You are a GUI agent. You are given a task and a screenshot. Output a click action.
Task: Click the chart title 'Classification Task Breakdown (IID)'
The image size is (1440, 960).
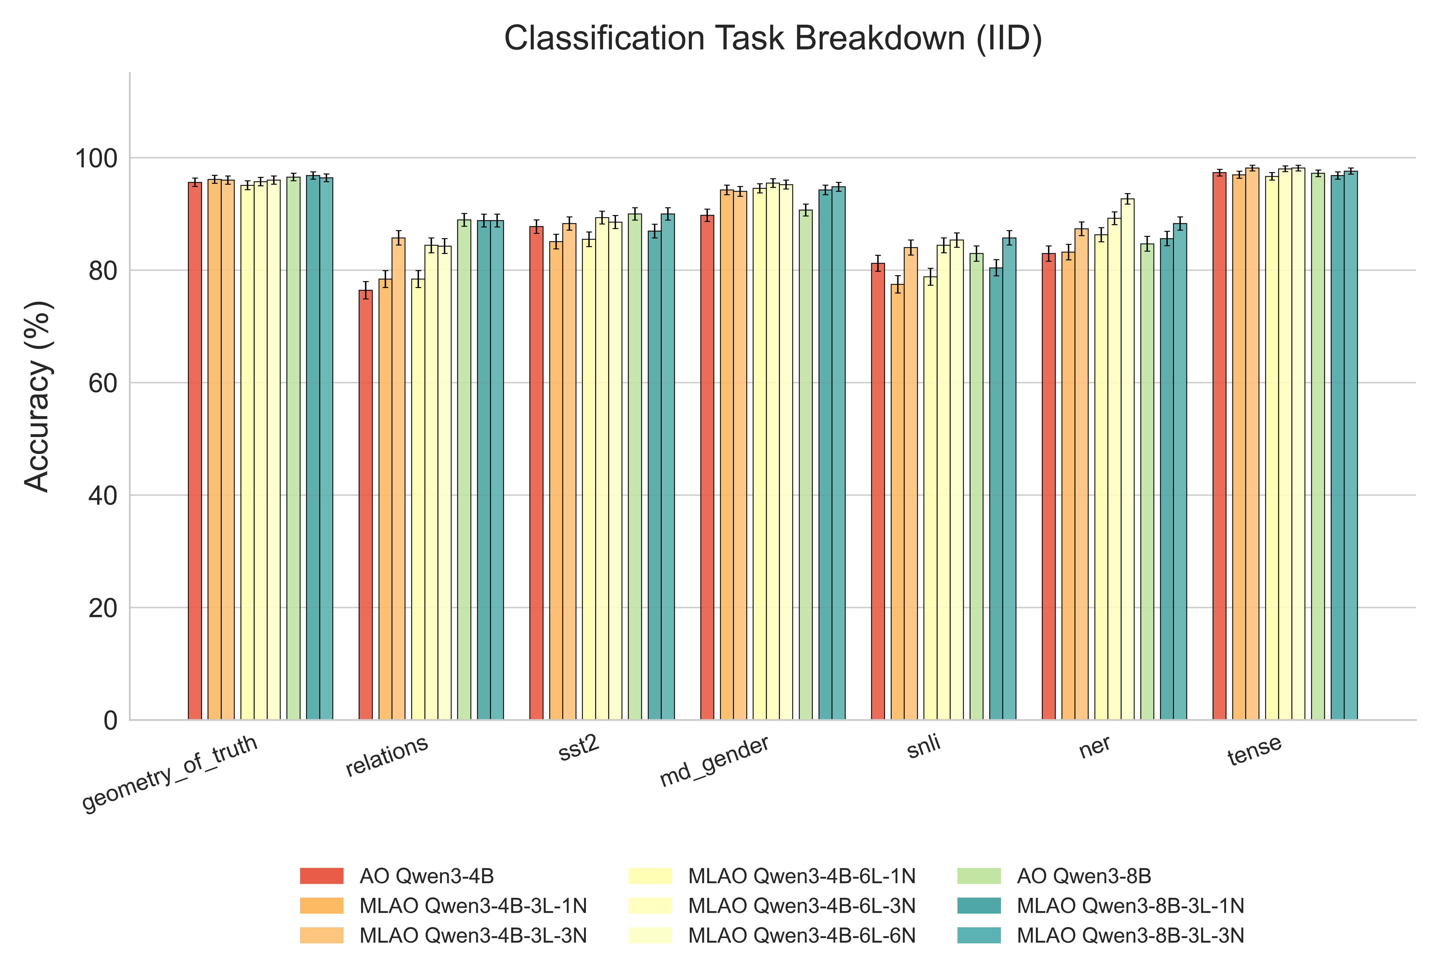click(x=773, y=39)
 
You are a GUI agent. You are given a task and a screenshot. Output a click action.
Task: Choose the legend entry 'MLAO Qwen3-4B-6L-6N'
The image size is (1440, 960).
click(x=801, y=936)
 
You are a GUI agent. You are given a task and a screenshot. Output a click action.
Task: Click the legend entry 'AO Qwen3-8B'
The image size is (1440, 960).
click(x=1084, y=876)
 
